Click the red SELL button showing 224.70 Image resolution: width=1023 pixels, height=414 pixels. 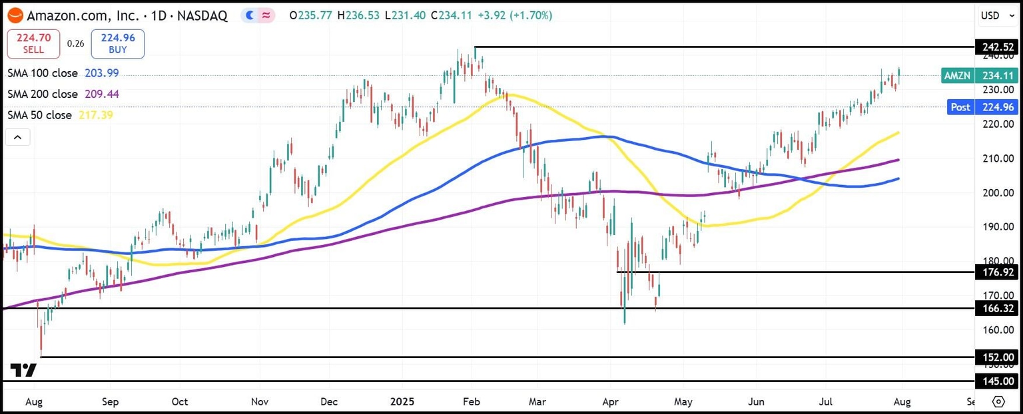(x=33, y=44)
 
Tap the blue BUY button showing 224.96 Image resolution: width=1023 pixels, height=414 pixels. (x=117, y=44)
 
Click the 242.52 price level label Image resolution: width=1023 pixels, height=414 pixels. (x=997, y=47)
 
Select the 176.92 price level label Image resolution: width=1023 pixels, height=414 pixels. (x=997, y=272)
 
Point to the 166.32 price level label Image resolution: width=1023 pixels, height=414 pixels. (x=997, y=308)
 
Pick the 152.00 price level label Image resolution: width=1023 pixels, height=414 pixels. (x=997, y=357)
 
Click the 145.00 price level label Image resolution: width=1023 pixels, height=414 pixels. (x=997, y=381)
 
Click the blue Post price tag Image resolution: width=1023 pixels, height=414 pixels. (x=960, y=106)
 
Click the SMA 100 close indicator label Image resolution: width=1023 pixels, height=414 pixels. (x=43, y=73)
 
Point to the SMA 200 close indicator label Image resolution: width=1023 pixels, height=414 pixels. (x=43, y=95)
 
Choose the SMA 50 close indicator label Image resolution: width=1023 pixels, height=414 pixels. (x=39, y=115)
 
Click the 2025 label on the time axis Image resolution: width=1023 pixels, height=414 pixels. (x=402, y=402)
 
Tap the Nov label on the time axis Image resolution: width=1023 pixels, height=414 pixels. (x=260, y=402)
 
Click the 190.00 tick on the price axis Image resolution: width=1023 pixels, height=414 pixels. (x=997, y=227)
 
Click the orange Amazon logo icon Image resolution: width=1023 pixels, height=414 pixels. (x=15, y=15)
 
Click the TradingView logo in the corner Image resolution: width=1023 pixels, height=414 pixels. (x=23, y=370)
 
